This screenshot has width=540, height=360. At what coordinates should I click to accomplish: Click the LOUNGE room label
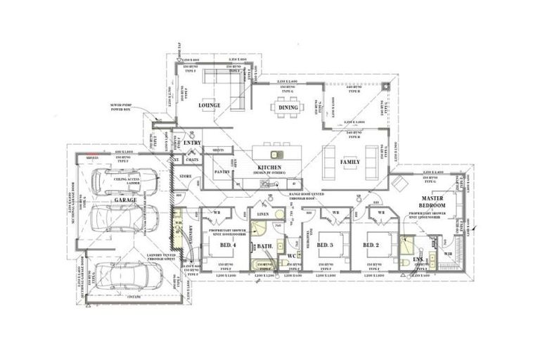pos(209,105)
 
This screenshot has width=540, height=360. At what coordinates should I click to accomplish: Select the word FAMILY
pos(349,162)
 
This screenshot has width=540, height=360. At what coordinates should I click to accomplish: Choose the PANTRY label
pos(222,171)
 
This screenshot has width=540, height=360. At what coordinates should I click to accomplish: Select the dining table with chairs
pos(285,106)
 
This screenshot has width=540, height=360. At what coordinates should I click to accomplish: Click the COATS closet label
pos(192,160)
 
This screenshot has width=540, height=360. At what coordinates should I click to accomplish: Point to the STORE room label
pos(186,176)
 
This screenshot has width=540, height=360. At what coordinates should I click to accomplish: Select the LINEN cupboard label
pos(263,213)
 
